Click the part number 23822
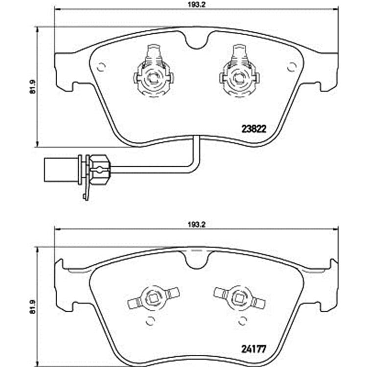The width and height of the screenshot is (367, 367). pos(253,129)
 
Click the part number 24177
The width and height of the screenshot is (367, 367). pos(253,350)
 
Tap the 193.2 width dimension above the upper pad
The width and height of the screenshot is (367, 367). pos(197,5)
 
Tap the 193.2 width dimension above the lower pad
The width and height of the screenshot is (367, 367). pos(197,225)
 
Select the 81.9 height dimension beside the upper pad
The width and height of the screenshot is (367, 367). pos(32,87)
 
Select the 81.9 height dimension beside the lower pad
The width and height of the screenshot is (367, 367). pos(32,307)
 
